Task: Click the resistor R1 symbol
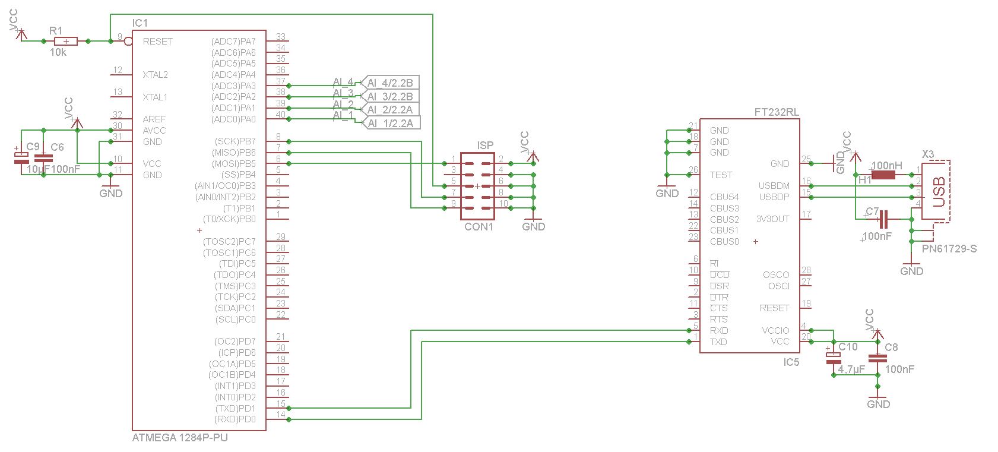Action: coord(65,41)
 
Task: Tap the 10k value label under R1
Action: coord(58,52)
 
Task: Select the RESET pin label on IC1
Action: coord(158,42)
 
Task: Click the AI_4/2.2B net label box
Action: coord(389,82)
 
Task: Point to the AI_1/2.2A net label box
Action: coord(389,124)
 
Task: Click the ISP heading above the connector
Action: coord(485,146)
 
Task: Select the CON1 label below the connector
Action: coord(479,227)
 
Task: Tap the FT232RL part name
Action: coord(777,112)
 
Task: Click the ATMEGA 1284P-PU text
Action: coord(179,438)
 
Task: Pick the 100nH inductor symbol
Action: coord(883,175)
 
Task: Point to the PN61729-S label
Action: coord(949,249)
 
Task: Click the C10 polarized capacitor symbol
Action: coord(834,358)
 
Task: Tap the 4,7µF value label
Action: coord(851,369)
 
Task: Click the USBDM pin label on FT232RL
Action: coord(774,186)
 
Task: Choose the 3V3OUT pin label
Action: coord(772,219)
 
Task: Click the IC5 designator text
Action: coord(791,362)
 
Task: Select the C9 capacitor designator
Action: coord(33,147)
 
